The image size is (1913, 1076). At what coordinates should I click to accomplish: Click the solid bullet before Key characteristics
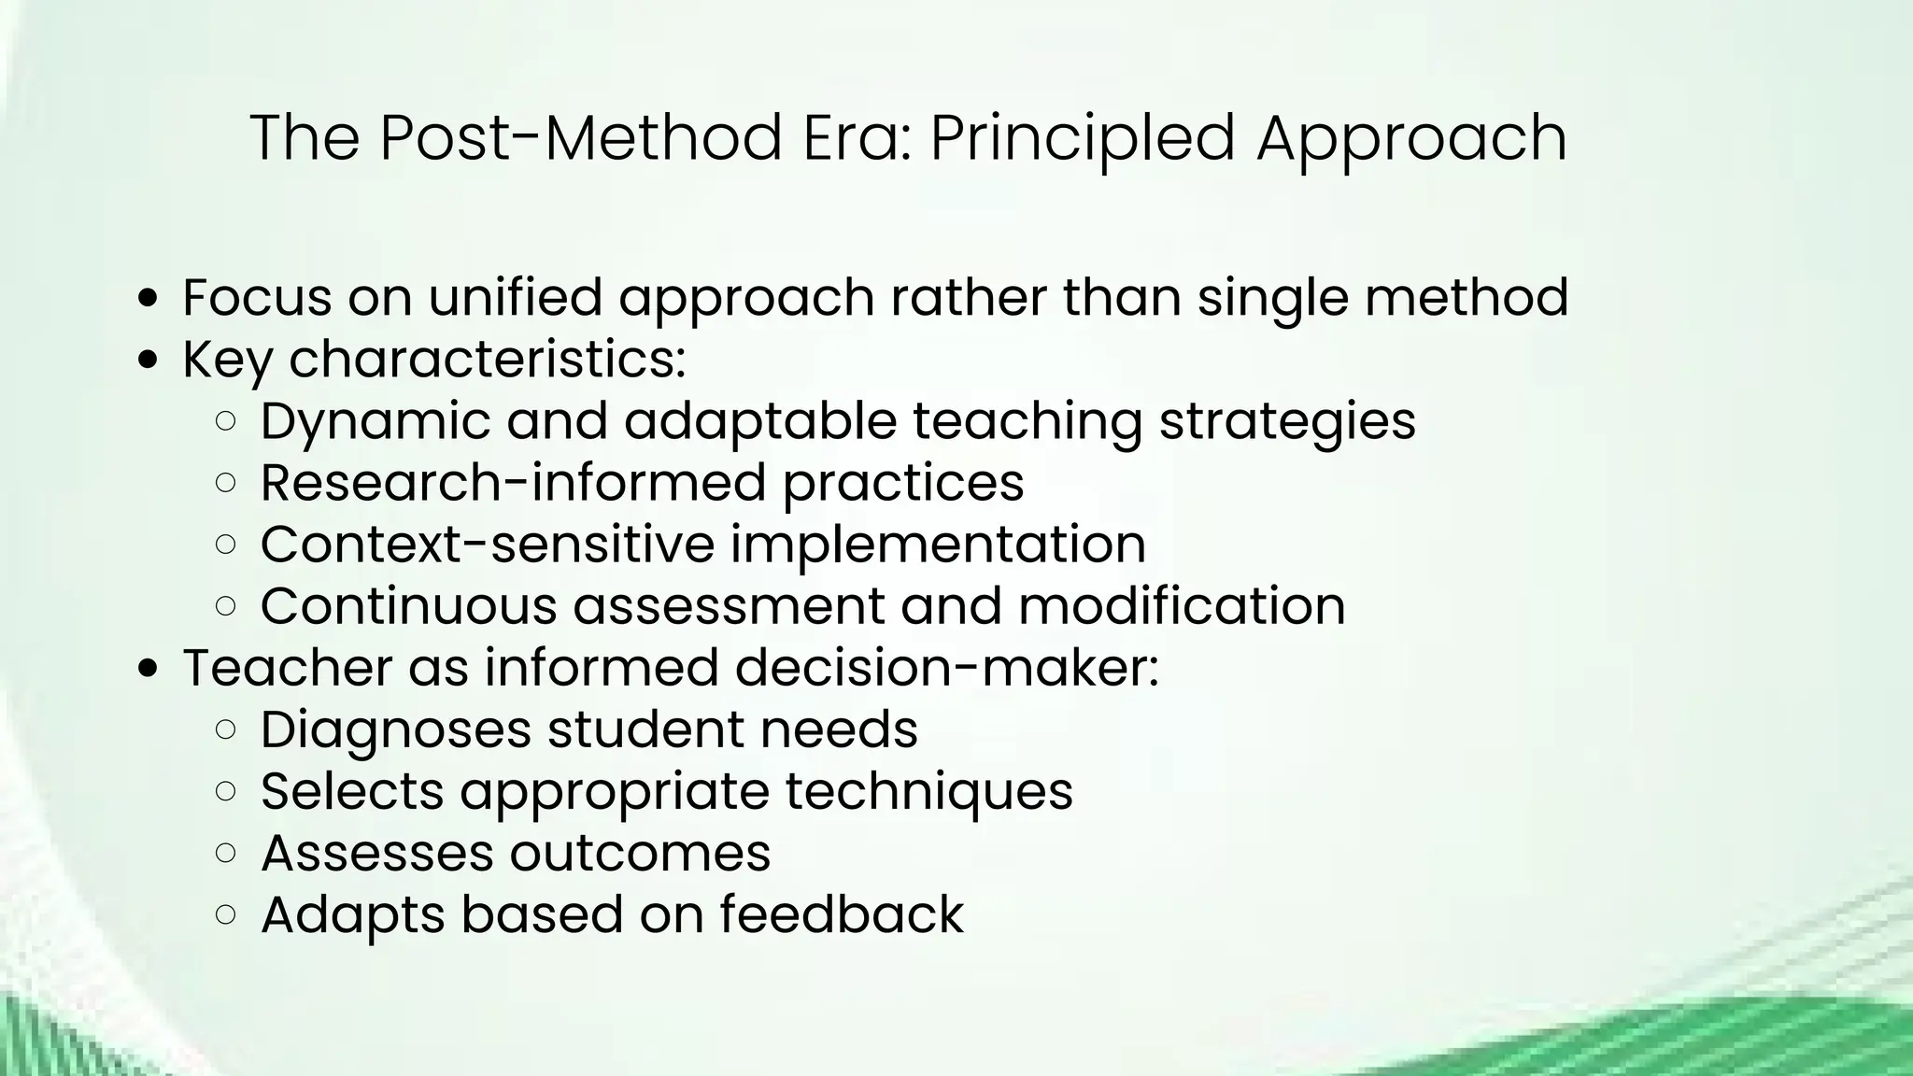coord(148,361)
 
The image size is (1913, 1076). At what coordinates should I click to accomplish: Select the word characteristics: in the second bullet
coord(487,359)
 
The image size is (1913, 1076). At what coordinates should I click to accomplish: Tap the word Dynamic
coord(375,420)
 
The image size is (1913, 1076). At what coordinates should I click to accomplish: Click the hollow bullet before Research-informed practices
coord(225,483)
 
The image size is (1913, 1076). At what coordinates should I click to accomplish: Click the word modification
coord(1182,605)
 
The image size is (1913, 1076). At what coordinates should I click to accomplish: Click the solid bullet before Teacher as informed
coord(148,669)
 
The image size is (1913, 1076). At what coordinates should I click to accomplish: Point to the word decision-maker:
coord(946,667)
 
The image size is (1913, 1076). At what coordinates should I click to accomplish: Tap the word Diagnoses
coord(395,729)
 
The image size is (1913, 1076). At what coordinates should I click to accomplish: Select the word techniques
coord(928,790)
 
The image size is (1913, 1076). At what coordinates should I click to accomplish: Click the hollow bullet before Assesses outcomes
coord(225,853)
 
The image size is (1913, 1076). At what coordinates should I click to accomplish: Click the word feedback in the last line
coord(842,913)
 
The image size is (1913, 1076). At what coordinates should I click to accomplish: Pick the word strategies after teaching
coord(1287,420)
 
